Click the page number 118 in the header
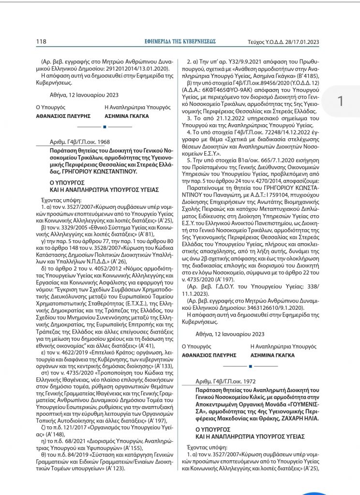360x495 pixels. click(41, 41)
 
